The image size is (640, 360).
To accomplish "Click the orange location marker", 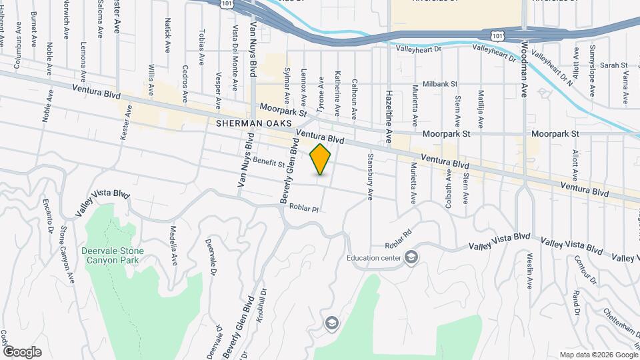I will click(x=321, y=159).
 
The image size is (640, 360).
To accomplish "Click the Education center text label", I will click(x=374, y=257).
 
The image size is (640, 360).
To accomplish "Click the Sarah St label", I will click(x=614, y=65).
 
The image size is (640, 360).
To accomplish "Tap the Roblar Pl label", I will click(x=305, y=208).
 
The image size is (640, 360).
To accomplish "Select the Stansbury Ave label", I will click(x=369, y=177).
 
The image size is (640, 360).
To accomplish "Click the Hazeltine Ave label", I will click(x=389, y=117).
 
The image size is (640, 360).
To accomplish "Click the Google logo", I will click(x=22, y=351).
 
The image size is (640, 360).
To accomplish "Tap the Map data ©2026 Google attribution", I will click(x=597, y=355).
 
